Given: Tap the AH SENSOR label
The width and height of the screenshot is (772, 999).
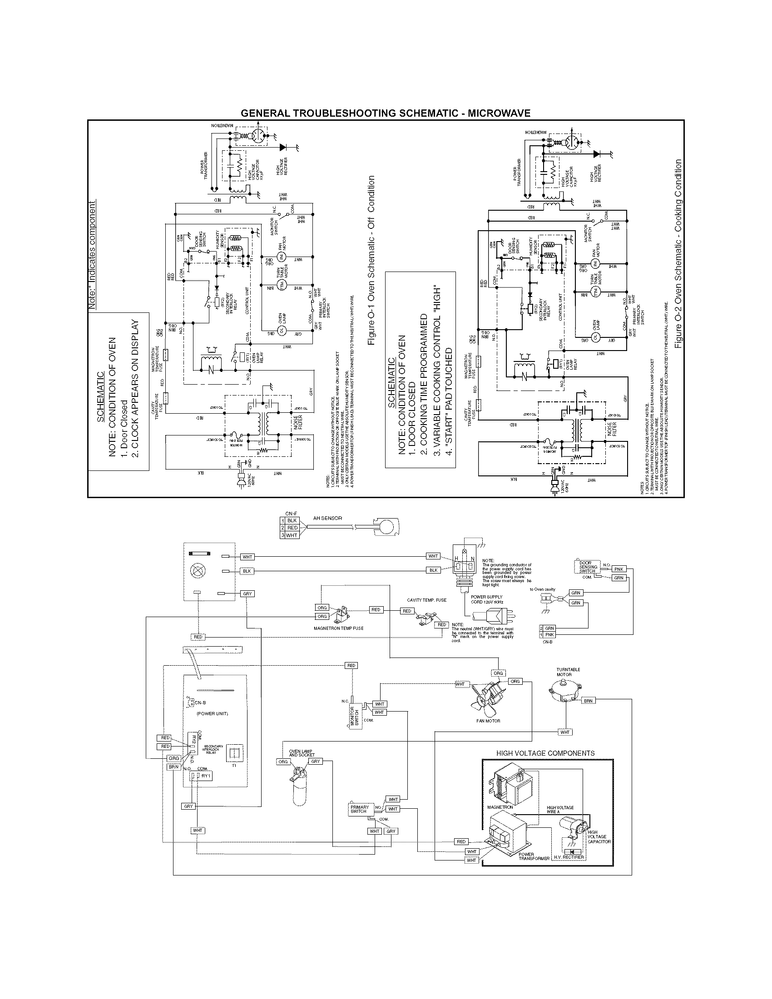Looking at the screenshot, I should [327, 518].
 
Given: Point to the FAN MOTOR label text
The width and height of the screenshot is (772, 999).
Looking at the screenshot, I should [488, 721].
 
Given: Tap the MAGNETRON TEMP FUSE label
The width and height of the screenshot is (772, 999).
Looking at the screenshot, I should [338, 628].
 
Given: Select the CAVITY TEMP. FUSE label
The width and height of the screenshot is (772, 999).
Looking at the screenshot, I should [426, 600].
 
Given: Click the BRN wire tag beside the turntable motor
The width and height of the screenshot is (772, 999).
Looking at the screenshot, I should [588, 701].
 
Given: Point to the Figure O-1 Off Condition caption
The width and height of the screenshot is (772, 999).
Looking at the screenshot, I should [371, 261].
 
